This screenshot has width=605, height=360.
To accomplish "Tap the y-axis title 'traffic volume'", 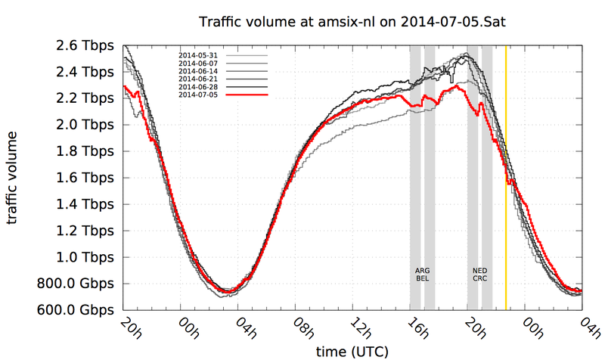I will point(14,178).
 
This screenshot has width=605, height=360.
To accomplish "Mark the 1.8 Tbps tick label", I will point(88,151).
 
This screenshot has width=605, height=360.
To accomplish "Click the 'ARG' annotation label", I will point(423,270).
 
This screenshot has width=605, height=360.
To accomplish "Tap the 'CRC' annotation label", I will point(480,279).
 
